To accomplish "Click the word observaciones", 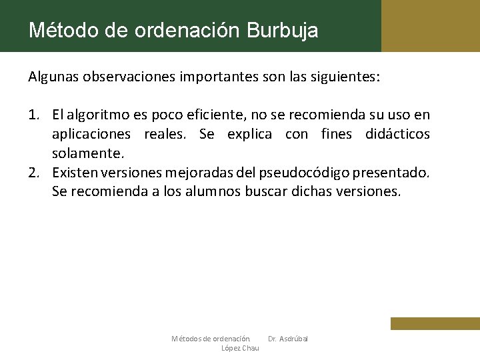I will (129, 77).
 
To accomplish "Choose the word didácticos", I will (397, 135).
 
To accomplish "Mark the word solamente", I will (88, 153).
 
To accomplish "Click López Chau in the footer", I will (240, 348).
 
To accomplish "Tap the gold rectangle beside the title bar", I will (431, 26).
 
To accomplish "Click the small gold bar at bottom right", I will (435, 323).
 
